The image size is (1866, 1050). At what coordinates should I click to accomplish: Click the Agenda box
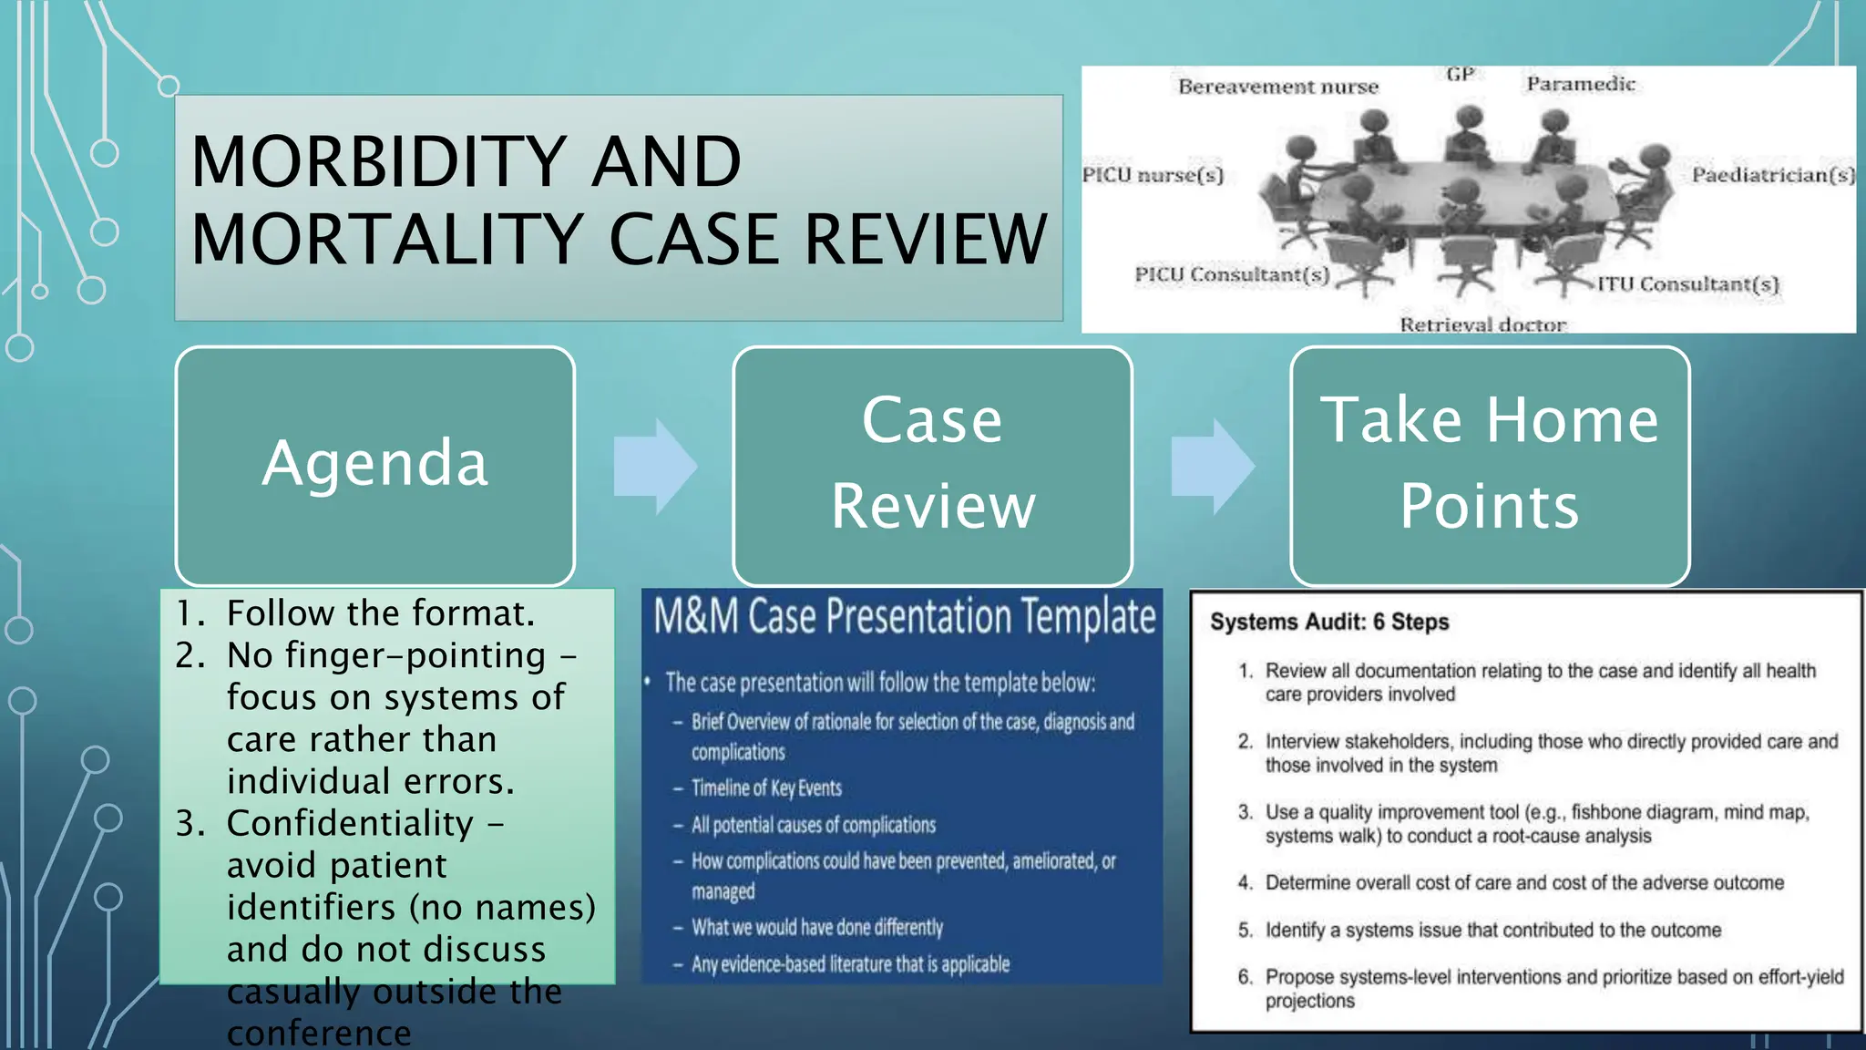(374, 465)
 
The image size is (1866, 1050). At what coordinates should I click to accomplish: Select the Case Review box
(932, 465)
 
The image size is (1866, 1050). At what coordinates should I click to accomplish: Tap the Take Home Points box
(1490, 465)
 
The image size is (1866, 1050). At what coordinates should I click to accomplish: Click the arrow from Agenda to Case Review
(655, 467)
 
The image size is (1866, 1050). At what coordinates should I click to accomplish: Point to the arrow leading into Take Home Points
(1213, 467)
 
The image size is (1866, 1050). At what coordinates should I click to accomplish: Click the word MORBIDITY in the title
(374, 162)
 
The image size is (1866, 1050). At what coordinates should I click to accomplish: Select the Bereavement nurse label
(1277, 87)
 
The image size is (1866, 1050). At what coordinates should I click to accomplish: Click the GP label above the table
(1460, 74)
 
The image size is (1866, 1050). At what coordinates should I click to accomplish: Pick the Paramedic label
(1581, 84)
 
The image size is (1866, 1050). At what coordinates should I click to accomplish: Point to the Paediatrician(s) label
(1773, 175)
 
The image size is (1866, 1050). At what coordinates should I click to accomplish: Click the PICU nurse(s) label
(1153, 175)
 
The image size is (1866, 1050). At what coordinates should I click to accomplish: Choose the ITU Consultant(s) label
(1687, 284)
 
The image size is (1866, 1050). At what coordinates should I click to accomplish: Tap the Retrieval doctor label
(1482, 324)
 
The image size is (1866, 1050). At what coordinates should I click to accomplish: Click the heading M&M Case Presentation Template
(904, 616)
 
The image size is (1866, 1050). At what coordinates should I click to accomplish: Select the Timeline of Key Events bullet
(766, 788)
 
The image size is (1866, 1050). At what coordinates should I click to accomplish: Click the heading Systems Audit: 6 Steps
(1328, 622)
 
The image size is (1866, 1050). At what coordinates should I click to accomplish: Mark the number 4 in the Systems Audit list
(1245, 882)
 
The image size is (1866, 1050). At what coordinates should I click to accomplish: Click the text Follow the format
(380, 613)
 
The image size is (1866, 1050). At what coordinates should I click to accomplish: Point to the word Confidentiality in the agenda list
(350, 823)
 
